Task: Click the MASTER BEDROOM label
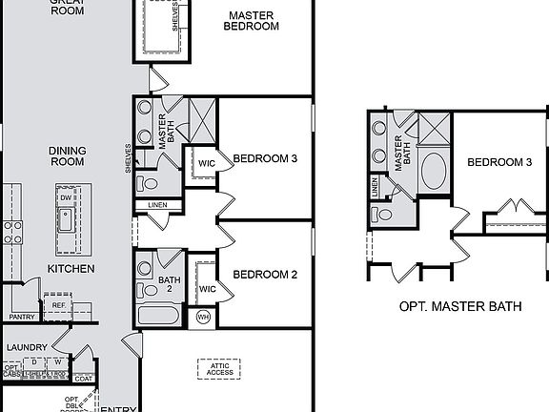(x=251, y=21)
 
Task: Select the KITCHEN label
(x=71, y=269)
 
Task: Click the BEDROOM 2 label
(x=266, y=275)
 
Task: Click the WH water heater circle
(x=203, y=317)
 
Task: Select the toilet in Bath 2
(x=146, y=289)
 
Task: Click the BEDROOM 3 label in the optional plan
(x=498, y=162)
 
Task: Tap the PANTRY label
(x=21, y=316)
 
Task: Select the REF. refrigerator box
(x=58, y=306)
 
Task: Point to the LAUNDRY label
(x=26, y=347)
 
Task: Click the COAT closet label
(x=84, y=379)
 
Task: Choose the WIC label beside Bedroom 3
(x=207, y=163)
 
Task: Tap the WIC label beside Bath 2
(x=207, y=288)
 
